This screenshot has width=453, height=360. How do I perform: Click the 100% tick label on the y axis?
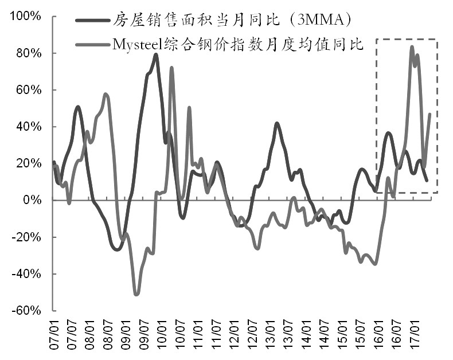coord(24,16)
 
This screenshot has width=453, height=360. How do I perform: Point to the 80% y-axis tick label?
coord(26,53)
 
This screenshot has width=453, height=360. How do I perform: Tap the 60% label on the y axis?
coord(26,90)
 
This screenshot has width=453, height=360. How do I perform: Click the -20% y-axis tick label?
coord(24,237)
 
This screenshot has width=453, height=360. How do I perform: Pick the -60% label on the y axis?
coord(24,310)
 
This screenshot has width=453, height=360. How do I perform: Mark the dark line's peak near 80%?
coord(156,54)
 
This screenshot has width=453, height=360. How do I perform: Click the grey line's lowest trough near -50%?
coord(136,295)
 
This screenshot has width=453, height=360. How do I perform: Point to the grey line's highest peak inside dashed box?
coord(412,47)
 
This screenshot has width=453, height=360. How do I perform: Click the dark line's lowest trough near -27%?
coord(117,249)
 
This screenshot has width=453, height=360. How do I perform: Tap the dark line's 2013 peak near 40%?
coord(276,123)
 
